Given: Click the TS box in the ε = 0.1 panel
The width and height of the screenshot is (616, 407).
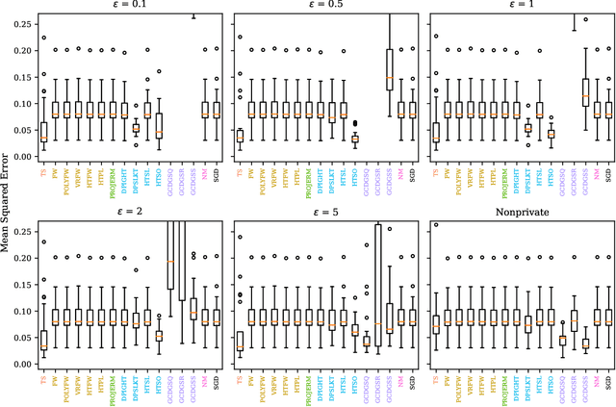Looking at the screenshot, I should coord(44,132).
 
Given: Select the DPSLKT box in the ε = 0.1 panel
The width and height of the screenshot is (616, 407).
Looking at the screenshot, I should coord(136,127).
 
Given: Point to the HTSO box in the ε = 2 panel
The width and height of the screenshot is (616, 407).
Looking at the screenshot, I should coord(159,335).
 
